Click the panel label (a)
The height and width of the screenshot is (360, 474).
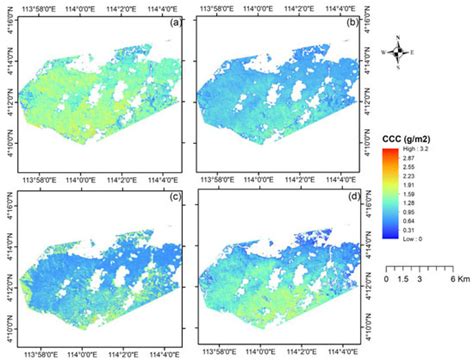[x=175, y=21]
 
